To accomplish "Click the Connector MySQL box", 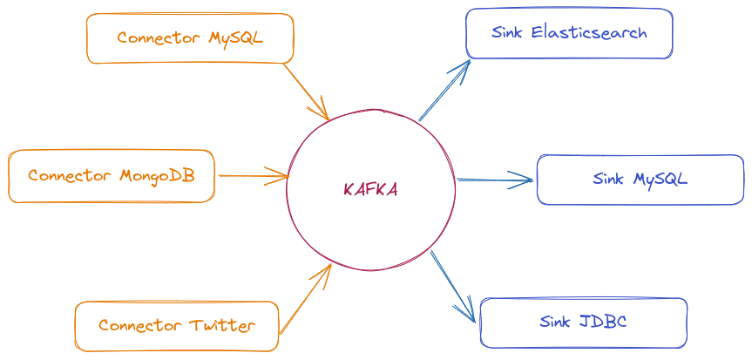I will [x=190, y=37].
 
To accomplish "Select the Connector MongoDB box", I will [x=111, y=175].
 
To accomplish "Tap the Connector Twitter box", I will [x=177, y=325].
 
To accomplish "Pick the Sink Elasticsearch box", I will [x=569, y=33].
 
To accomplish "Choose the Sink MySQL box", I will [x=640, y=179].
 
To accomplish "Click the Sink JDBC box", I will [x=583, y=323].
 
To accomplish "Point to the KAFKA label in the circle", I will [x=371, y=189].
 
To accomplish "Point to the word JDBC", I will [x=603, y=322].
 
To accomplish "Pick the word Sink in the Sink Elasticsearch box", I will [x=506, y=33].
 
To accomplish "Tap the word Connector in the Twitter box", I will [x=139, y=326].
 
